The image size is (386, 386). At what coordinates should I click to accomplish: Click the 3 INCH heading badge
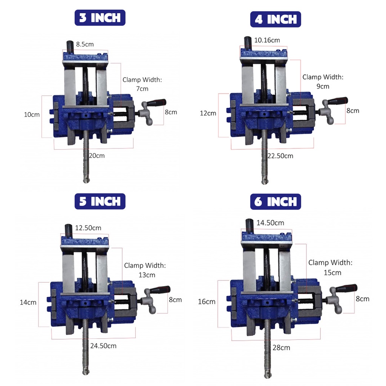click(x=100, y=18)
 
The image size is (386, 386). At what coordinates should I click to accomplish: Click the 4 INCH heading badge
click(x=276, y=19)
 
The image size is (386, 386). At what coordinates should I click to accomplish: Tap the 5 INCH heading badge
click(x=100, y=201)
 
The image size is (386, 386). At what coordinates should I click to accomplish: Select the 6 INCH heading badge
click(x=276, y=202)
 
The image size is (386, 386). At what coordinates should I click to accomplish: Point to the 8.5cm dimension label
click(x=85, y=44)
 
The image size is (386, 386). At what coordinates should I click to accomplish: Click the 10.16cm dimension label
click(x=267, y=40)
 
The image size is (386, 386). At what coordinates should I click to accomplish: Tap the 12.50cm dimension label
click(x=88, y=228)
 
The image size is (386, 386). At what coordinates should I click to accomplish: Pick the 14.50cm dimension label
click(x=270, y=223)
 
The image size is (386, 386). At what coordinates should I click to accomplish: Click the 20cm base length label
click(x=97, y=156)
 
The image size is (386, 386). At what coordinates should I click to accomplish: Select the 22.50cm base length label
click(x=280, y=156)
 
